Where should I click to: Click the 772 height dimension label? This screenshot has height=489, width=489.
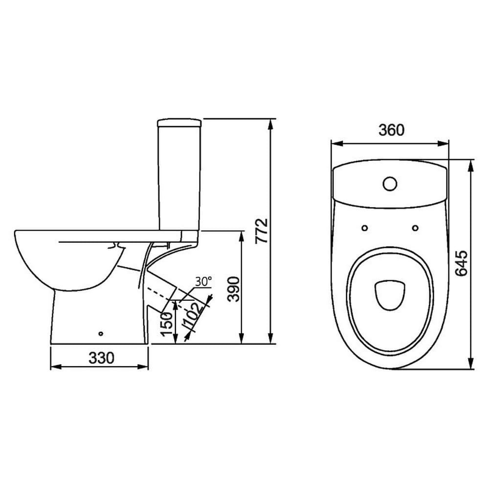262,231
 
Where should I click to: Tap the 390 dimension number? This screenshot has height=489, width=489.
234,289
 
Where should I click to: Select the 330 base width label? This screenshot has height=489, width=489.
101,358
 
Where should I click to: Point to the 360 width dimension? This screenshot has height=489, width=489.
391,130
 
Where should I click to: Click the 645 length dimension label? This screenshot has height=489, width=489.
461,263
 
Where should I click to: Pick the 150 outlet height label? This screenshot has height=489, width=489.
167,324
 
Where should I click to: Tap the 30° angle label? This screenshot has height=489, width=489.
203,281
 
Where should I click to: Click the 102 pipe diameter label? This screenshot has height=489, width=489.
194,315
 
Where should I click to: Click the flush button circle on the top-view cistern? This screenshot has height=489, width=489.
390,184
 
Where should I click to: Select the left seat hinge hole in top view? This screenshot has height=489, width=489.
365,228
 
